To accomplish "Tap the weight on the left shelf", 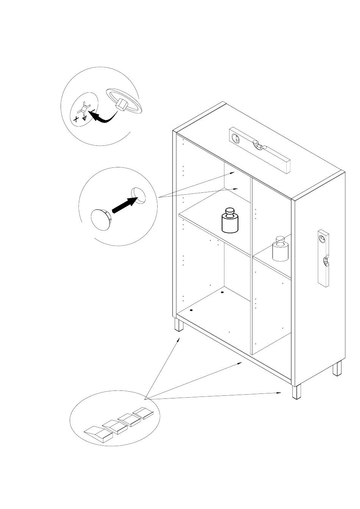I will tap(230, 222).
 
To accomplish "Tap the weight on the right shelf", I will tap(280, 250).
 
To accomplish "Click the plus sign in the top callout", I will tap(76, 119).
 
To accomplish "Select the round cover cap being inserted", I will tap(100, 219).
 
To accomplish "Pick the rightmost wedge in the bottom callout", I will tap(144, 413).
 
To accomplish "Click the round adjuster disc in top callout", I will tap(124, 101).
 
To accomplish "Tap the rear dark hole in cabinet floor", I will tap(222, 292).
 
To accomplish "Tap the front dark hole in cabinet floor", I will tap(191, 310).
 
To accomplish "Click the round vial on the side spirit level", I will tap(322, 238).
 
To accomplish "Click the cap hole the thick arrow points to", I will tap(138, 195).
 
